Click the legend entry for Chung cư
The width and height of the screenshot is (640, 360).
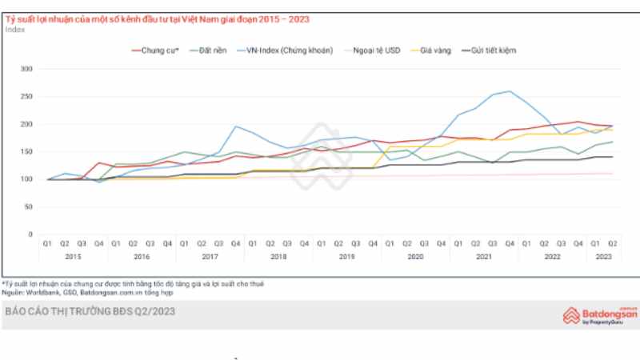point(157,50)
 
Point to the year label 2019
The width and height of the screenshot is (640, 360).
point(346,256)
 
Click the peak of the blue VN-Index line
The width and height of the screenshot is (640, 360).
point(509,91)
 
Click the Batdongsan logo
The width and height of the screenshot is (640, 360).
point(600,315)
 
